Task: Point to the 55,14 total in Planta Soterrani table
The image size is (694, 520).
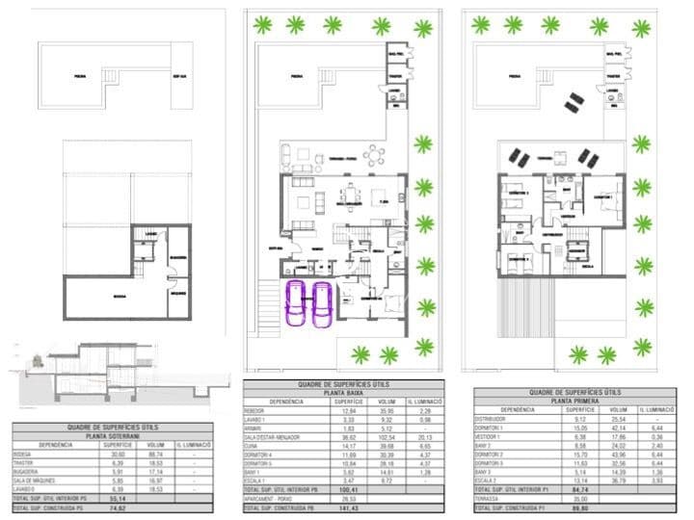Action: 118,499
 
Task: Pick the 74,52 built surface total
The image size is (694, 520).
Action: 118,508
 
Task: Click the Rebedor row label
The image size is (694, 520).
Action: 257,411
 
